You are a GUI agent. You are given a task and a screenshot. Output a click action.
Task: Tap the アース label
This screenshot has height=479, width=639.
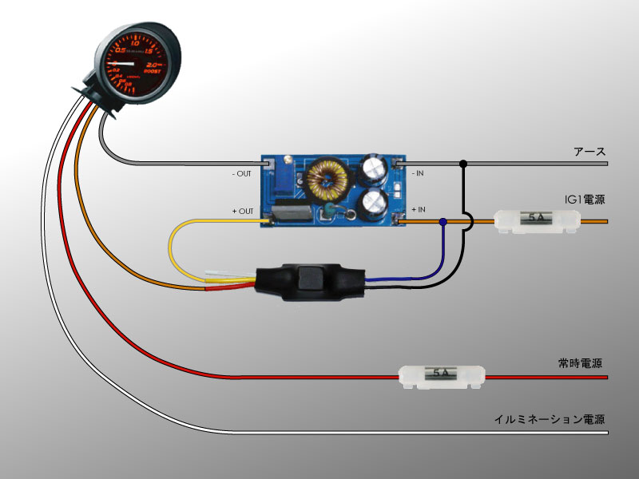click(x=589, y=151)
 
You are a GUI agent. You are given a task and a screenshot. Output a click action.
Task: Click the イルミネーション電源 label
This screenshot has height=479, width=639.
click(x=550, y=419)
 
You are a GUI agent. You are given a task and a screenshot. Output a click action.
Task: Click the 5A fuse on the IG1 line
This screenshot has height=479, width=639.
click(x=536, y=220)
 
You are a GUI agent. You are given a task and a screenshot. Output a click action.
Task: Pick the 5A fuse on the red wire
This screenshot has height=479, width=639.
click(x=442, y=374)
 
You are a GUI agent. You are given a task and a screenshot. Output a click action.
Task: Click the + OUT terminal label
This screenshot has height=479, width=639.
click(x=243, y=211)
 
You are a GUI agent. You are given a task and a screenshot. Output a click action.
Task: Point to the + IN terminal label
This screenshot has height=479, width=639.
click(x=418, y=210)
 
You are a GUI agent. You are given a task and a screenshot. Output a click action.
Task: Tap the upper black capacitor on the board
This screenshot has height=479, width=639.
click(x=373, y=168)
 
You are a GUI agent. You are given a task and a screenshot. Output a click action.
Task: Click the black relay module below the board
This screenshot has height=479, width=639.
click(x=308, y=281)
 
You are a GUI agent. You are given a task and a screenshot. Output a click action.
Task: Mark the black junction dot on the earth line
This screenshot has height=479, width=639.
click(x=463, y=164)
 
